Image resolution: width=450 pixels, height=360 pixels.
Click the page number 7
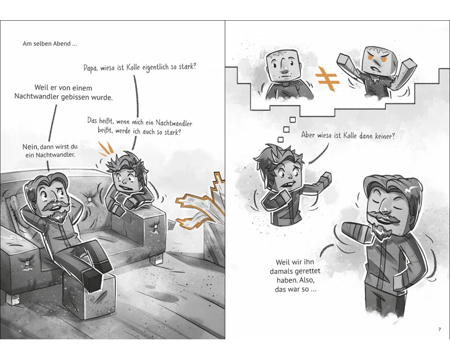pos(439,329)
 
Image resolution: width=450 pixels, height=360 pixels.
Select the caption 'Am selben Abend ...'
pos(50,44)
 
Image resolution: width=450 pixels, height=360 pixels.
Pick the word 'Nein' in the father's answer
pos(30,147)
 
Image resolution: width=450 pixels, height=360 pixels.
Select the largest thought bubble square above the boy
pos(292,119)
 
